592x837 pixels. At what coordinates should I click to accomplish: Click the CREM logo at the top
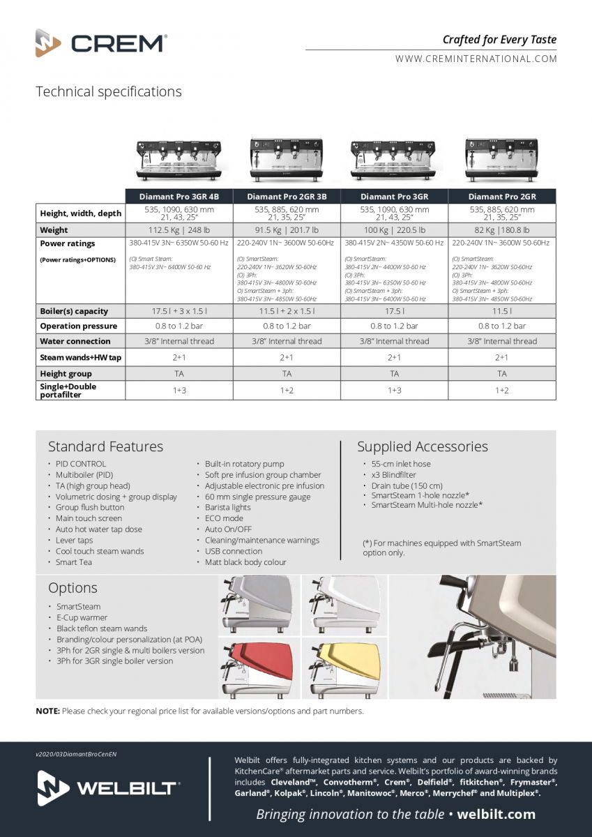point(101,43)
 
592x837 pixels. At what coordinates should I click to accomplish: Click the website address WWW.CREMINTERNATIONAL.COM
point(476,59)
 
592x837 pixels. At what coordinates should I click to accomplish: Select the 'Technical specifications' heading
point(108,92)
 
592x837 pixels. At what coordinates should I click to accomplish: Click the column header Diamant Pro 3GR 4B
point(179,197)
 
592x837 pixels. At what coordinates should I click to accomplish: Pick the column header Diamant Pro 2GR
point(502,197)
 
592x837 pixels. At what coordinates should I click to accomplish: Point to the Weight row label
point(54,230)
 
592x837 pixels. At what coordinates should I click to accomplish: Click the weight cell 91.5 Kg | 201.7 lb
point(287,230)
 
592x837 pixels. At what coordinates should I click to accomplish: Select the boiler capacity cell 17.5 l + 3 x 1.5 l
point(179,311)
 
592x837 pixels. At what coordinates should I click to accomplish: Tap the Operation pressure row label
point(78,326)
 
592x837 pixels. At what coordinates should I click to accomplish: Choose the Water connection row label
point(75,341)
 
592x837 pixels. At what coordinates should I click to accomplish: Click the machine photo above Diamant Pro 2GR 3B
point(286,159)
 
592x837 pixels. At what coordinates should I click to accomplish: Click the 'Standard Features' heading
point(105,446)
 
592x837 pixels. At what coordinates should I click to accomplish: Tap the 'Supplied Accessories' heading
point(423,446)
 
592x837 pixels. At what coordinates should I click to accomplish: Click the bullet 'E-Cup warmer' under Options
point(82,617)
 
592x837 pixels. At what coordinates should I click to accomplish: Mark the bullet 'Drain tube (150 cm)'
point(407,485)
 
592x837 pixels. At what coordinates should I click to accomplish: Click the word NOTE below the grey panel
point(47,711)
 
